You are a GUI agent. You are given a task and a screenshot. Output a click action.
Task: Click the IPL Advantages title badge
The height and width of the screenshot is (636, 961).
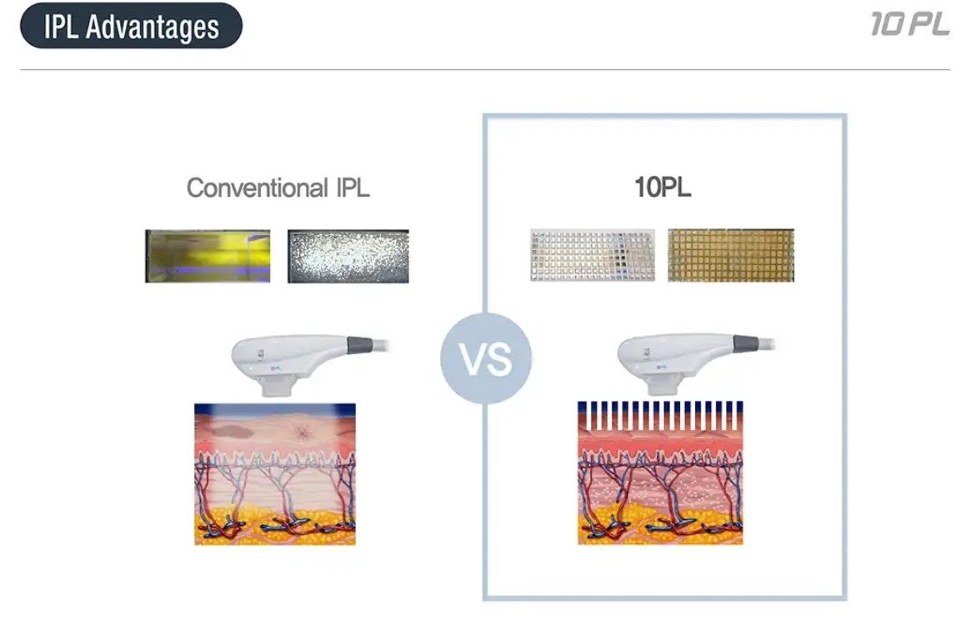(131, 26)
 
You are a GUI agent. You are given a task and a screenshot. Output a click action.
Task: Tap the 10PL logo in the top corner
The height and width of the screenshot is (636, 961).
(910, 24)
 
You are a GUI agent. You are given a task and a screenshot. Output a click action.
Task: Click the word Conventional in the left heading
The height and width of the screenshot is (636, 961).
(258, 188)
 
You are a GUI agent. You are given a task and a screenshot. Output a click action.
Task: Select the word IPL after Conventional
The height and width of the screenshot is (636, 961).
(353, 188)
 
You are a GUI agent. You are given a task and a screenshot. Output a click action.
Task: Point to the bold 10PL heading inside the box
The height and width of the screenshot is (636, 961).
(663, 188)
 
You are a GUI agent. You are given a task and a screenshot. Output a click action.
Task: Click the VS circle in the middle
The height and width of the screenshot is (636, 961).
(486, 359)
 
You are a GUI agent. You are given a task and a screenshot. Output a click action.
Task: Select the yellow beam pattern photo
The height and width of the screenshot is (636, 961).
(208, 256)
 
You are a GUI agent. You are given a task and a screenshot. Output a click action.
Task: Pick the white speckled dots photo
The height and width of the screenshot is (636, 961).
(348, 256)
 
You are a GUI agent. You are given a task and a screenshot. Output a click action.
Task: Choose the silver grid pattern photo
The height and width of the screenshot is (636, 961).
(593, 256)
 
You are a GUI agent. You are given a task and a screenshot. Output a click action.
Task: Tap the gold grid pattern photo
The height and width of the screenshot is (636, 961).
(731, 256)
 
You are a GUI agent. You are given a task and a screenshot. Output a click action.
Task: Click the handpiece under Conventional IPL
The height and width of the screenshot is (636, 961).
(307, 362)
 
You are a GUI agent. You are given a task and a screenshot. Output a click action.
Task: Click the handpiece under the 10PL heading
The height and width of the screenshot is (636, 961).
(693, 362)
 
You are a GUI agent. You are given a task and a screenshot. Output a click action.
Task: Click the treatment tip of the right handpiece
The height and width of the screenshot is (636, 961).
(663, 386)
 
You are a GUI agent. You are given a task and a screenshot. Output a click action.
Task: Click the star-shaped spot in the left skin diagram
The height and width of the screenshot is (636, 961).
(303, 433)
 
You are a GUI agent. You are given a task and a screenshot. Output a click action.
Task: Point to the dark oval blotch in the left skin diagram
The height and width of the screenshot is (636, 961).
(231, 431)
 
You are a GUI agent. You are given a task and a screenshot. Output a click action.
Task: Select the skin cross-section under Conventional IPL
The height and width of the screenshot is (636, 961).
(275, 473)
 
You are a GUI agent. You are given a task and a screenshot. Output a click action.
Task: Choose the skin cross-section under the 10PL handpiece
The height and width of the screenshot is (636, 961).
(660, 473)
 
